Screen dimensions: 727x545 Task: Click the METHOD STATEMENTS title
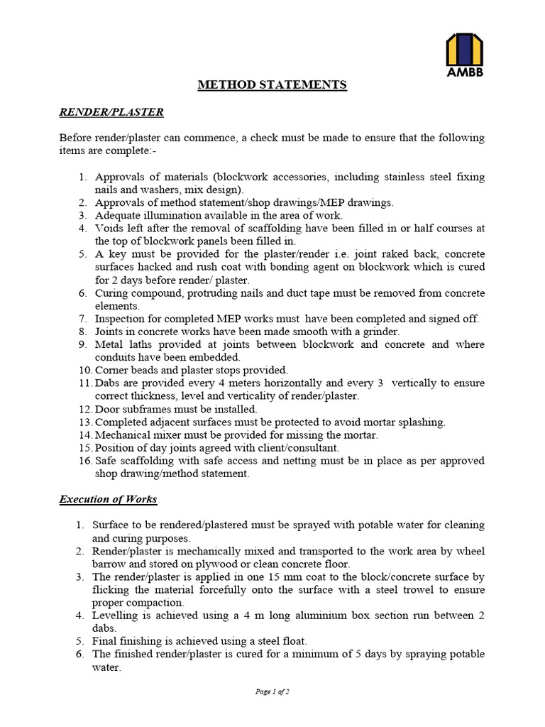pos(272,85)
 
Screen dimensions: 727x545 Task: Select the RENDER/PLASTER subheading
pos(111,112)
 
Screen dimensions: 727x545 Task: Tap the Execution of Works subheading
pos(108,499)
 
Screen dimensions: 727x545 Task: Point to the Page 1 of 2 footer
pos(272,691)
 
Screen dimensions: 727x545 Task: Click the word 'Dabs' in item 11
pos(106,383)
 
